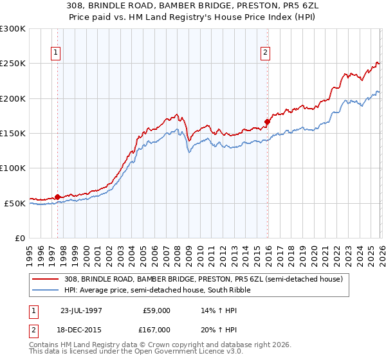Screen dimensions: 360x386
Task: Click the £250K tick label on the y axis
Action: point(13,64)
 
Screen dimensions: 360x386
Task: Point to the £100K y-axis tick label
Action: point(13,168)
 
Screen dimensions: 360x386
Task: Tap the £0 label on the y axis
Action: point(19,238)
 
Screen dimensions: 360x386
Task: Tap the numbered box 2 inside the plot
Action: point(265,53)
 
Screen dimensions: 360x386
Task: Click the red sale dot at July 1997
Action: point(58,197)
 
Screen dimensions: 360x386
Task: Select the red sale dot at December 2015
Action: point(267,121)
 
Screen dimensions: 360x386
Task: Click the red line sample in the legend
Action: point(46,279)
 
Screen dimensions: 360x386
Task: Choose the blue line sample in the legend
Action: point(46,290)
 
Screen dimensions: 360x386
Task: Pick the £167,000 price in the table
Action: point(157,330)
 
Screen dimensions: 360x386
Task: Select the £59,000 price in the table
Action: point(157,310)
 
